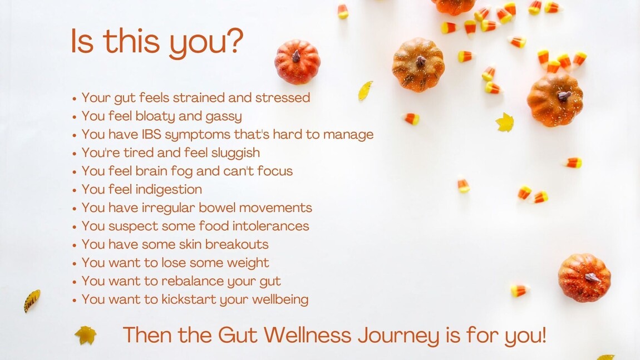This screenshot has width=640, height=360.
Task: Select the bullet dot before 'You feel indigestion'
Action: point(75,190)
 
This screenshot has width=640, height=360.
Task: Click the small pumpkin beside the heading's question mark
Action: point(297,61)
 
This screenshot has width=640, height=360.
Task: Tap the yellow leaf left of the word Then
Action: point(86,335)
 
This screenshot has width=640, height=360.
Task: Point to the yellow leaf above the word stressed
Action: point(365,91)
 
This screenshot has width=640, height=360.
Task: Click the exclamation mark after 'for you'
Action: point(543,335)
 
